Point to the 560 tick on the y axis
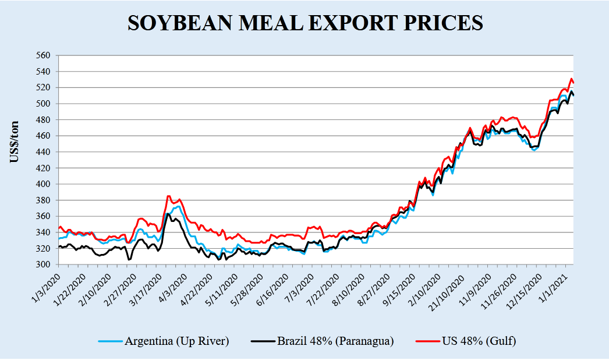pyautogui.click(x=45, y=56)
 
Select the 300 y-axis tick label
pyautogui.click(x=45, y=264)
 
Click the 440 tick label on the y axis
pyautogui.click(x=45, y=152)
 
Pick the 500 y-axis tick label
pyautogui.click(x=45, y=104)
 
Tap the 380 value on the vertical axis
pyautogui.click(x=45, y=200)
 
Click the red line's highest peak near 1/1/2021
pyautogui.click(x=572, y=78)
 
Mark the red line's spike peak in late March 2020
pyautogui.click(x=168, y=196)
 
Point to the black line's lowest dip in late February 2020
pyautogui.click(x=129, y=259)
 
